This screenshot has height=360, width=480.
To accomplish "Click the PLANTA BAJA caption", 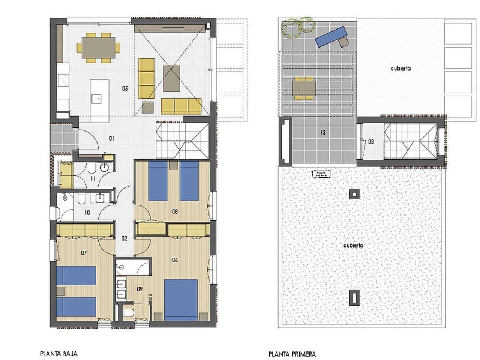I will [x=58, y=353].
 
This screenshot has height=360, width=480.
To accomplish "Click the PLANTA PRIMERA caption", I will [x=292, y=354].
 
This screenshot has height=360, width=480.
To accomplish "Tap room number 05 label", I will [x=125, y=88].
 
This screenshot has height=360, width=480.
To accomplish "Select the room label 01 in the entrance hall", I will [x=111, y=138].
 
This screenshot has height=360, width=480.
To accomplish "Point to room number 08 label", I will [x=175, y=211].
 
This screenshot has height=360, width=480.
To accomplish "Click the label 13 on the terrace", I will [x=322, y=132].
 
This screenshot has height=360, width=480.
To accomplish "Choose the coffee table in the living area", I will [x=172, y=78].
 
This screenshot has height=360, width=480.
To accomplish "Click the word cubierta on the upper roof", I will [x=400, y=68].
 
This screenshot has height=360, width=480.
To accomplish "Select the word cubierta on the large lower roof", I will [x=353, y=245].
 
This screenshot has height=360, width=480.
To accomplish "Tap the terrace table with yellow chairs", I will [x=304, y=88].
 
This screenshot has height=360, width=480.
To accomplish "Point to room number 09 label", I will [x=140, y=289].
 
